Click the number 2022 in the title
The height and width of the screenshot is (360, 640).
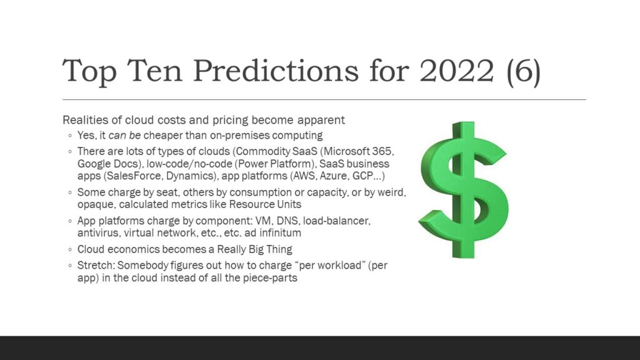click(457, 70)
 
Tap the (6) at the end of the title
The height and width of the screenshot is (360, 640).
click(524, 72)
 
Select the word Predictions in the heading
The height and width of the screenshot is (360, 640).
click(276, 70)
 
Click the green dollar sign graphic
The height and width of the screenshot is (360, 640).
click(464, 189)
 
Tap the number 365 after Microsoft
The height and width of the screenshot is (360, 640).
click(382, 151)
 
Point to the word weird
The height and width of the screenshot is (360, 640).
click(391, 192)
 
